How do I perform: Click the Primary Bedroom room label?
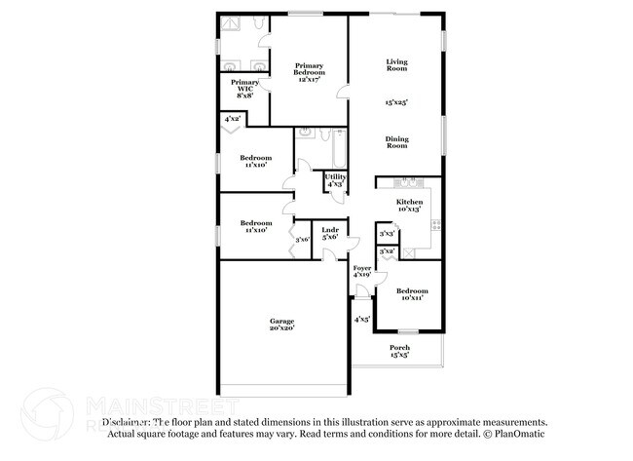[x=309, y=70]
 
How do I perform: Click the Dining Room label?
[x=396, y=142]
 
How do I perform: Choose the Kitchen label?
[x=409, y=205]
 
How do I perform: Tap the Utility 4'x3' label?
[x=335, y=179]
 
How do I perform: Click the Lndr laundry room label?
[x=330, y=233]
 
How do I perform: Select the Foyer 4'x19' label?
[x=361, y=271]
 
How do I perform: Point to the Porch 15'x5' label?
[x=399, y=351]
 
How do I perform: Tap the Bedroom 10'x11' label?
[x=412, y=293]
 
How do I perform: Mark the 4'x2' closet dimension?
[x=233, y=119]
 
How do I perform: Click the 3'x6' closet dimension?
[x=303, y=239]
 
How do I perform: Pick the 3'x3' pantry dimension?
[x=387, y=234]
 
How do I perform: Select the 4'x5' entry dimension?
[x=361, y=319]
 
